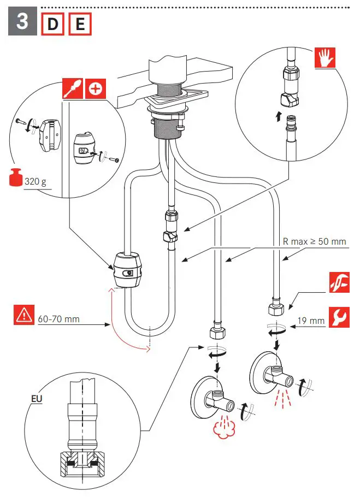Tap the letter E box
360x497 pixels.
pyautogui.click(x=79, y=24)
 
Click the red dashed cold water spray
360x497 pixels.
pyautogui.click(x=282, y=398)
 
